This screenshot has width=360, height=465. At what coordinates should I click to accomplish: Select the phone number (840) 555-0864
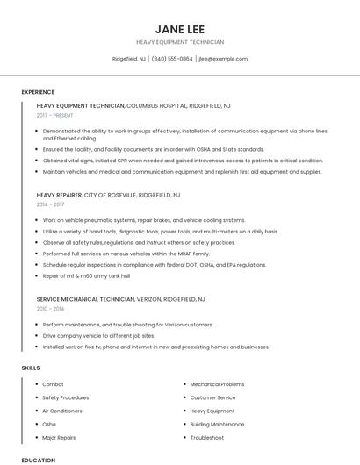(172, 59)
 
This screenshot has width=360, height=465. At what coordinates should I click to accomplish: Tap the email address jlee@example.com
(223, 59)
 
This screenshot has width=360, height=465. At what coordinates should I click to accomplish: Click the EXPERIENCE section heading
(38, 92)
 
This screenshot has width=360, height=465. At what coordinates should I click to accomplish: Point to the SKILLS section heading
(31, 368)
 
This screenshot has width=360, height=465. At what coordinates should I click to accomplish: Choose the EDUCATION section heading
(38, 460)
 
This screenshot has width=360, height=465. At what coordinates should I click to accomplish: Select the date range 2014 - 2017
(49, 204)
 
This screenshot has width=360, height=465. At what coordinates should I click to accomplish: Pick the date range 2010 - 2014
(49, 309)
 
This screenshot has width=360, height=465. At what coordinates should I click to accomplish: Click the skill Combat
(53, 384)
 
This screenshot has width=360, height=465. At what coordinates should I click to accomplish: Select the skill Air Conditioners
(61, 411)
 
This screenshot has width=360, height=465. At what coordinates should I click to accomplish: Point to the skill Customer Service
(213, 397)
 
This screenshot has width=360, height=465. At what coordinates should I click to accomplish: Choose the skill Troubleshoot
(206, 437)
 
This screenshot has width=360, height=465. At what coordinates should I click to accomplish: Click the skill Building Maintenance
(218, 424)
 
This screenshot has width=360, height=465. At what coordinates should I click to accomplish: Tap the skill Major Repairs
(59, 437)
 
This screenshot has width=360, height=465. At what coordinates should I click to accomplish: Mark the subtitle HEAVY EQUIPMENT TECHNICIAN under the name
(180, 42)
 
